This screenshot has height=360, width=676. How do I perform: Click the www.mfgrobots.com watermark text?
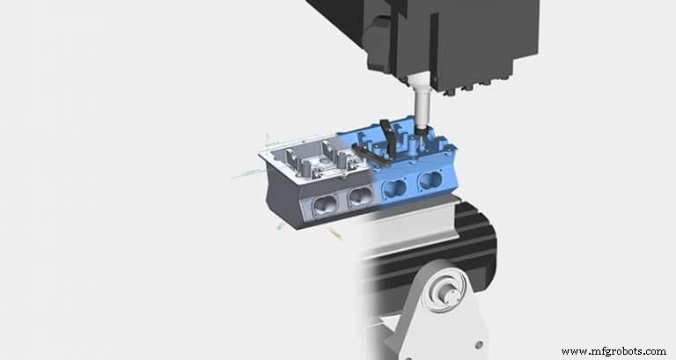pos(613,351)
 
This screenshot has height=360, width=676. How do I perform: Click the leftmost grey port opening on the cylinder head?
pos(322,202)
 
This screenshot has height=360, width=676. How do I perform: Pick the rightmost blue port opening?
pos(430,181)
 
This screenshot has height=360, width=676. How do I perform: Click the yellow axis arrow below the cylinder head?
pos(334,233)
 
